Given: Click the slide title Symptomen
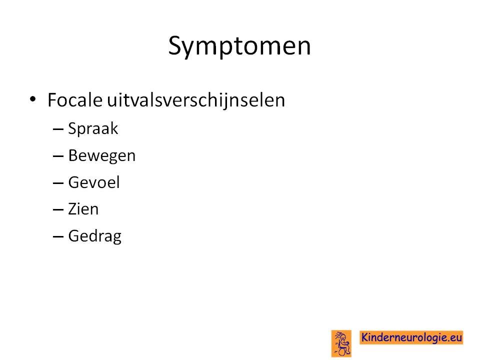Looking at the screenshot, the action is pyautogui.click(x=239, y=46).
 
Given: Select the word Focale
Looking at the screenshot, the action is pyautogui.click(x=74, y=100).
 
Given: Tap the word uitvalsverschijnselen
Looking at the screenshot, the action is pyautogui.click(x=196, y=100).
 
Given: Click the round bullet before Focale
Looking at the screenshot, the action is pyautogui.click(x=33, y=99).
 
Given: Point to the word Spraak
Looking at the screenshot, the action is pyautogui.click(x=93, y=128).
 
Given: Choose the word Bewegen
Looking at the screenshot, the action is pyautogui.click(x=102, y=156).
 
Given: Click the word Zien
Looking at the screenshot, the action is pyautogui.click(x=83, y=209).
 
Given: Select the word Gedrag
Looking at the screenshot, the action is pyautogui.click(x=95, y=236).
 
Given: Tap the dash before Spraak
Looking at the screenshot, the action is pyautogui.click(x=58, y=129).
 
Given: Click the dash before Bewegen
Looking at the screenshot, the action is pyautogui.click(x=58, y=156).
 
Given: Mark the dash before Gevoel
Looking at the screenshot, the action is pyautogui.click(x=58, y=183).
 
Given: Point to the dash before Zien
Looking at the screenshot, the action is pyautogui.click(x=58, y=210).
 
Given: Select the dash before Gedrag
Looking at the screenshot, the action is pyautogui.click(x=58, y=237).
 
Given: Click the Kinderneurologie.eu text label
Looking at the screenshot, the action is pyautogui.click(x=411, y=337).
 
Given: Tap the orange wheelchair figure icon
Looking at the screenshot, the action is pyautogui.click(x=341, y=343).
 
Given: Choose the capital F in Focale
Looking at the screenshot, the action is pyautogui.click(x=52, y=100).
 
